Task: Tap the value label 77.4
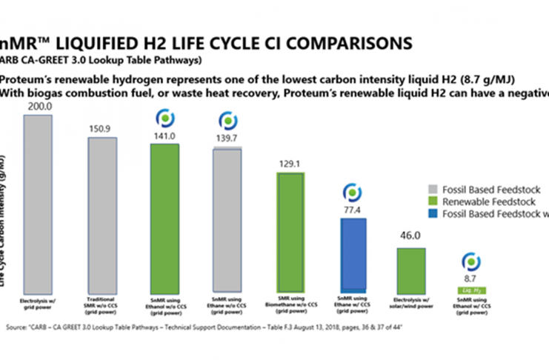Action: (x=352, y=212)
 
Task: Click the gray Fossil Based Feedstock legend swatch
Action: (x=435, y=188)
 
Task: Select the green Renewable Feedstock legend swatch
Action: (x=435, y=201)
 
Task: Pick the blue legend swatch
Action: (x=435, y=214)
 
